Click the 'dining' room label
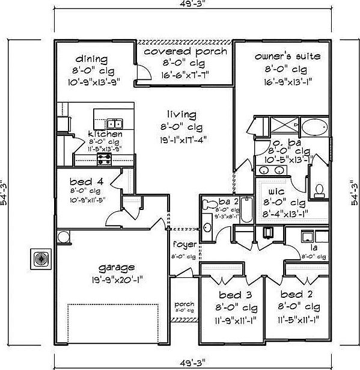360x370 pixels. coord(91,59)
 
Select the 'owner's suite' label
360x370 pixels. coord(287,57)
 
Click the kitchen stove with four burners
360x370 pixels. coord(105,159)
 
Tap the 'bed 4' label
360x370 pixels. coord(81,181)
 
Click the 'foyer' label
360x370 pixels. coord(183,244)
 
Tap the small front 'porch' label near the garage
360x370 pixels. coord(184,304)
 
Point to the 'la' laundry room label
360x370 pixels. coord(314,247)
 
